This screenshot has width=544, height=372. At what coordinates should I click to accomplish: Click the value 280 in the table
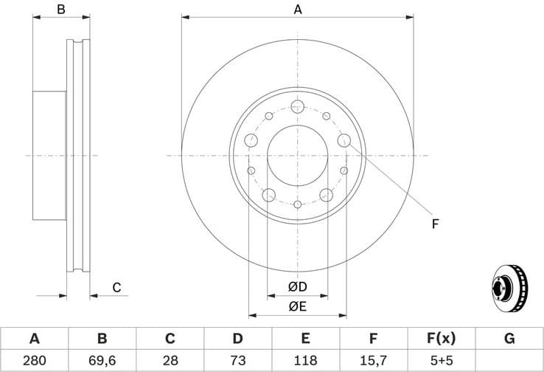(x=34, y=360)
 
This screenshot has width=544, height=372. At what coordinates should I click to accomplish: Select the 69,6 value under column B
(x=102, y=360)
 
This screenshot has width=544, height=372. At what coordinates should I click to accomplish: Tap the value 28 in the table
(x=170, y=360)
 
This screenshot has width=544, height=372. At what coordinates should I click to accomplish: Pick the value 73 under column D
(x=237, y=360)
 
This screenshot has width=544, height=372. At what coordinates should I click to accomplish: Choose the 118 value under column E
(x=305, y=360)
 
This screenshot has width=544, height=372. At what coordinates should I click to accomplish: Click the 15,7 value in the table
(x=373, y=360)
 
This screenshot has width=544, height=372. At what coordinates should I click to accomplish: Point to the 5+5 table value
(x=441, y=360)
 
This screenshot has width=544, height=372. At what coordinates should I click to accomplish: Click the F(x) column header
(x=441, y=339)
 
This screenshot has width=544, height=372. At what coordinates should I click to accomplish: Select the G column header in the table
(x=509, y=339)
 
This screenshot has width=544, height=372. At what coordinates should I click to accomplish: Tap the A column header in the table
(x=34, y=339)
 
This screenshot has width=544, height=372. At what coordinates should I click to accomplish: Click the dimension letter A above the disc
(x=298, y=10)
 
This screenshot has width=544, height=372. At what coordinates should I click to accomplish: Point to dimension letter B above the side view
(x=62, y=10)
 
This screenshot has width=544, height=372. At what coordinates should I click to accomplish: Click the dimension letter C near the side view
(x=116, y=288)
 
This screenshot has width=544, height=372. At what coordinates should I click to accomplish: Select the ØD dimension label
(x=297, y=287)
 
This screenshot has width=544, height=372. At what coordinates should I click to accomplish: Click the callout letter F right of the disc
(x=435, y=223)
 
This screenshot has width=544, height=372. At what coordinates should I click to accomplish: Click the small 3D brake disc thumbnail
(x=509, y=288)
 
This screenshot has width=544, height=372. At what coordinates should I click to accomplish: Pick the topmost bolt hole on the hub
(x=297, y=108)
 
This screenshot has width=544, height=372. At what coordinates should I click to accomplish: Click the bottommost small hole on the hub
(x=297, y=204)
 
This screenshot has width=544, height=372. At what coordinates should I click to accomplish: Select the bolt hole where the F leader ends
(x=344, y=140)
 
